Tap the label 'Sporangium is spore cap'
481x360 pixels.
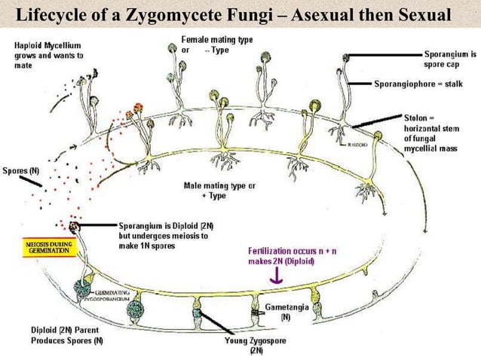[x=449, y=59]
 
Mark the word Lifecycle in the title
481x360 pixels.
[x=50, y=14]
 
